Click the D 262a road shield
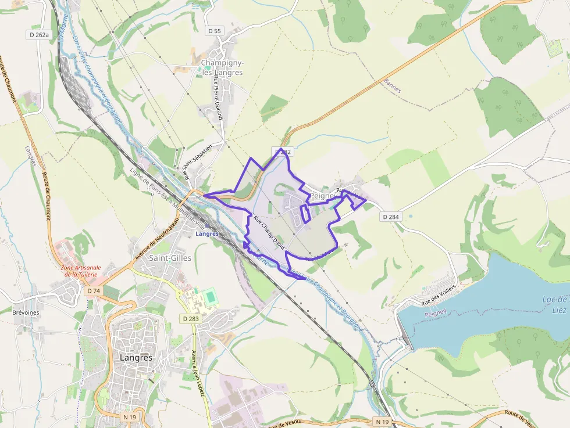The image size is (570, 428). coord(39,35)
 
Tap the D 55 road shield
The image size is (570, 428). coord(215,31)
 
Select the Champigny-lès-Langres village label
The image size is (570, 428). coord(222,67)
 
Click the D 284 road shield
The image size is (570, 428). coord(391,217)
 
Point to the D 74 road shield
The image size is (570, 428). coord(93,290)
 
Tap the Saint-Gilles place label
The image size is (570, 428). coord(170,257)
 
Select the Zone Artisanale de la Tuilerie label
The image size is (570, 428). coord(81,271)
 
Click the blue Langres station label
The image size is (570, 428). coord(207,234)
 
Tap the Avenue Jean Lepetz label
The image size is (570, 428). coord(198,372)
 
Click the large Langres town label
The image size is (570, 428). coord(135,358)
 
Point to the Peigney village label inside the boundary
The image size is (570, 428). coord(324,196)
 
